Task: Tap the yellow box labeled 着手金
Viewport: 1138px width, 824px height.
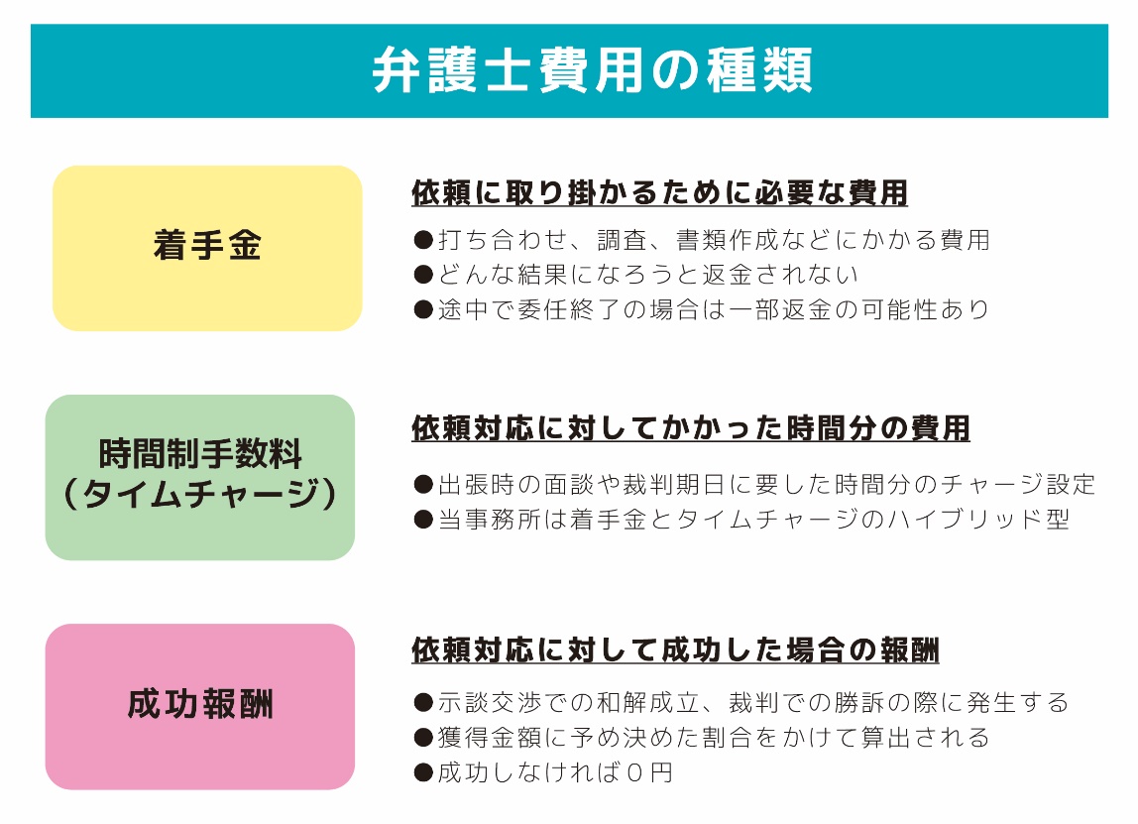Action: [207, 248]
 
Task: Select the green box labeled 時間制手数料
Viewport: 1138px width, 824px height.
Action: [200, 456]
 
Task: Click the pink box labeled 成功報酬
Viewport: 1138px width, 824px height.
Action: [200, 706]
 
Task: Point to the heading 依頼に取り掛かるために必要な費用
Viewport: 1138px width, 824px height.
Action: [659, 193]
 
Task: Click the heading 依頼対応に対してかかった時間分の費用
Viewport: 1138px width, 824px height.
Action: [690, 428]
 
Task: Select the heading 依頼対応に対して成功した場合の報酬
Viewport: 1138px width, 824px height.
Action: [675, 650]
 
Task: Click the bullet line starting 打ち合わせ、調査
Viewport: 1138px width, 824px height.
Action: [701, 240]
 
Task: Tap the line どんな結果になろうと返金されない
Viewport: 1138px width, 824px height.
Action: [635, 275]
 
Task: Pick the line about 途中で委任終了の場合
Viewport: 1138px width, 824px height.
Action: [701, 309]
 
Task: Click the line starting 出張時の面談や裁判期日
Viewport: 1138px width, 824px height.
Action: [754, 485]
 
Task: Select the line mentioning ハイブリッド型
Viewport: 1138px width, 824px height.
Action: [741, 520]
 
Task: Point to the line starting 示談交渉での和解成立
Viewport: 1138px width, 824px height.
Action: [740, 703]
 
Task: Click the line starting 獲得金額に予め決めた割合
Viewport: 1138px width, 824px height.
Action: [701, 738]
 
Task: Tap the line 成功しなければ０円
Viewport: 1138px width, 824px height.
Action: [542, 772]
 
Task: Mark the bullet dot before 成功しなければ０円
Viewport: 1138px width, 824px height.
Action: [423, 772]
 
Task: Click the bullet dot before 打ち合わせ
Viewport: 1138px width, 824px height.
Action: [423, 240]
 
